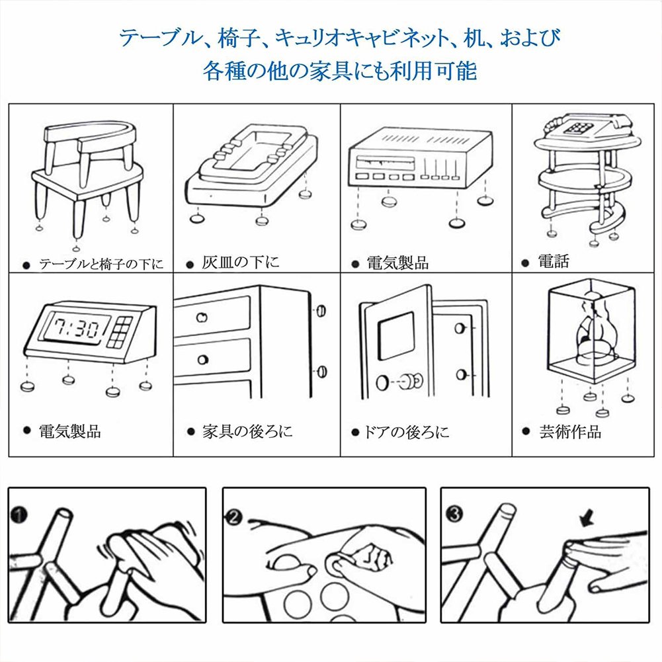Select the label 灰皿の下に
click(x=240, y=262)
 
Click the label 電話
click(x=554, y=261)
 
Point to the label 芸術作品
click(x=570, y=431)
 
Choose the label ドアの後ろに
click(x=406, y=432)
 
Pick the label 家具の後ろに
click(x=247, y=431)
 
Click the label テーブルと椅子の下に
click(x=101, y=265)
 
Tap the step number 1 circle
click(x=19, y=515)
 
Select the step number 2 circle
click(x=233, y=517)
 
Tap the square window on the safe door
click(x=395, y=336)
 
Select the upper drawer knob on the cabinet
click(x=202, y=317)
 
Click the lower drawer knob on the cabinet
click(x=202, y=360)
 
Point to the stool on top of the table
click(x=90, y=150)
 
